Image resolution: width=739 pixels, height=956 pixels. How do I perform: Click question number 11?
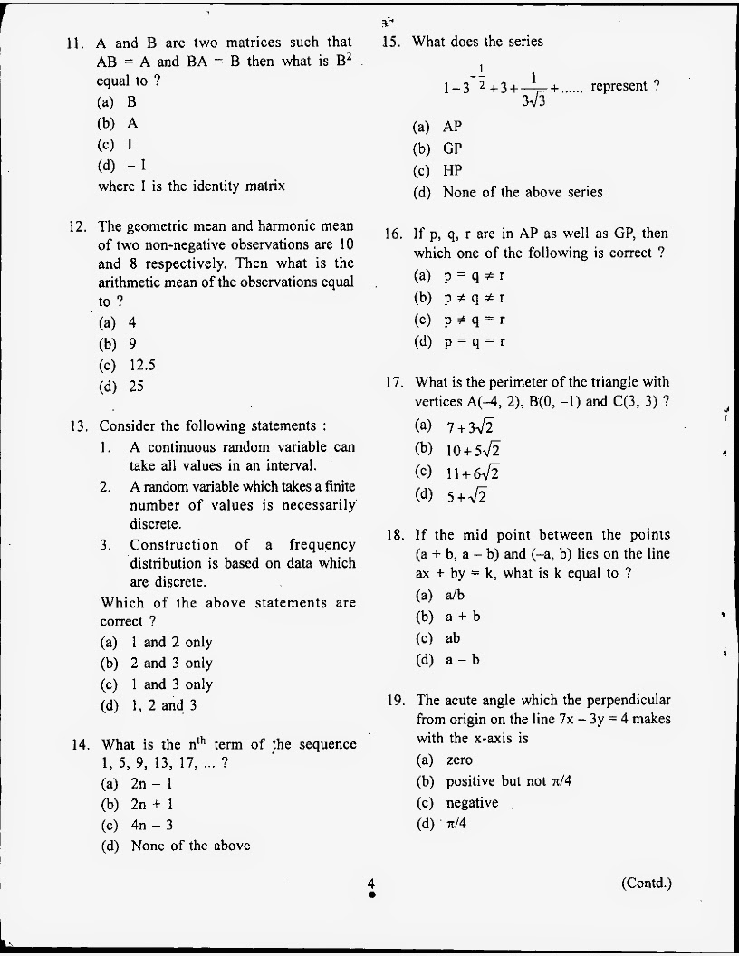(x=75, y=43)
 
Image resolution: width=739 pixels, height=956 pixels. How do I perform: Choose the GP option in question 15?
(x=452, y=148)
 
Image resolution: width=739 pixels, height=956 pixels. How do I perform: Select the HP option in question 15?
(x=452, y=170)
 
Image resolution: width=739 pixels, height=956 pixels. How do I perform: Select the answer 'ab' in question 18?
(x=453, y=638)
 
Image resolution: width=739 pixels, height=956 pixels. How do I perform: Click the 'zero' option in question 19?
(x=459, y=760)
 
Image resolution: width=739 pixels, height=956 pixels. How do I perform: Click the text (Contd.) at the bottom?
(x=646, y=883)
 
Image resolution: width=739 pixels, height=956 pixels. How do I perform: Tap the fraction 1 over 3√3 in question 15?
(x=534, y=90)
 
